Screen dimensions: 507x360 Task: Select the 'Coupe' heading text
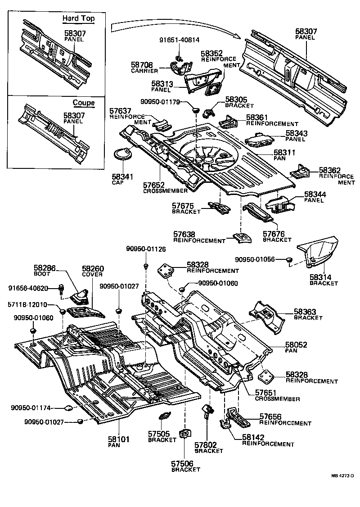(84, 103)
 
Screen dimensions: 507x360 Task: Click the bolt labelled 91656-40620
(61, 288)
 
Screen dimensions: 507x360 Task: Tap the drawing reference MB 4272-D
(342, 475)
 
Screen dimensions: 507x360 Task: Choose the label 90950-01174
(30, 408)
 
